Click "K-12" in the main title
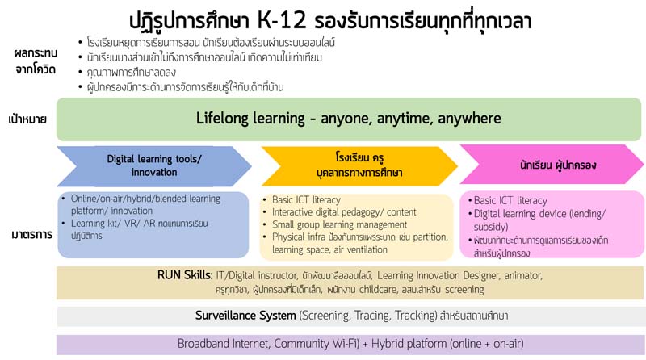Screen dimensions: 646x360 click(282, 21)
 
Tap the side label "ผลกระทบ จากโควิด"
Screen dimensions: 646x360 click(35, 61)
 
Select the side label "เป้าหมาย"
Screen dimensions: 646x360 click(27, 119)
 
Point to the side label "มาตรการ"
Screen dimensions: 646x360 click(31, 235)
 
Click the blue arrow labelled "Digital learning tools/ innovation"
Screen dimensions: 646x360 click(154, 165)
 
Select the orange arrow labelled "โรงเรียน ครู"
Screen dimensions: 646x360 click(359, 165)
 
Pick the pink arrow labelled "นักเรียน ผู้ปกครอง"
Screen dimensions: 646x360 click(552, 165)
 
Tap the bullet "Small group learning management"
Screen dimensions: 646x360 click(339, 225)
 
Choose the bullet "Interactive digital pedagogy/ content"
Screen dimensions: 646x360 click(344, 212)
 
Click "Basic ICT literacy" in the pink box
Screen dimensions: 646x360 click(510, 201)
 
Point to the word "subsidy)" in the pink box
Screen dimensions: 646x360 click(491, 227)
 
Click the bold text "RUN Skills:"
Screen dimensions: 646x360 click(185, 275)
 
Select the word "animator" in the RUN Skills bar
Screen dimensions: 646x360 click(523, 275)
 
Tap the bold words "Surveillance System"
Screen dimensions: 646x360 click(245, 316)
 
